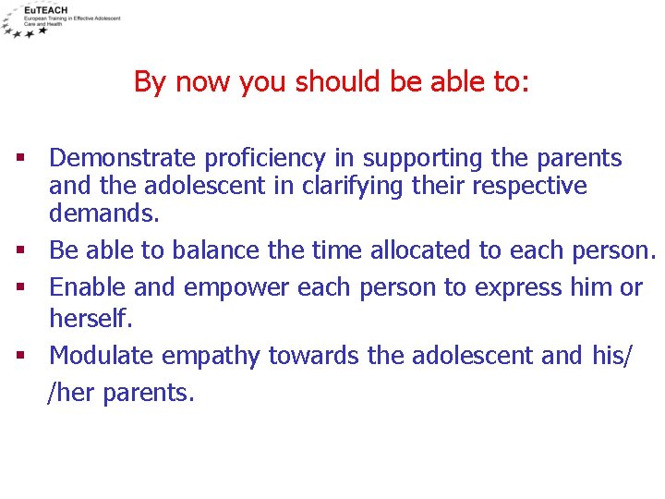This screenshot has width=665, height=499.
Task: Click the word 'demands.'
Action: pos(104,213)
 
